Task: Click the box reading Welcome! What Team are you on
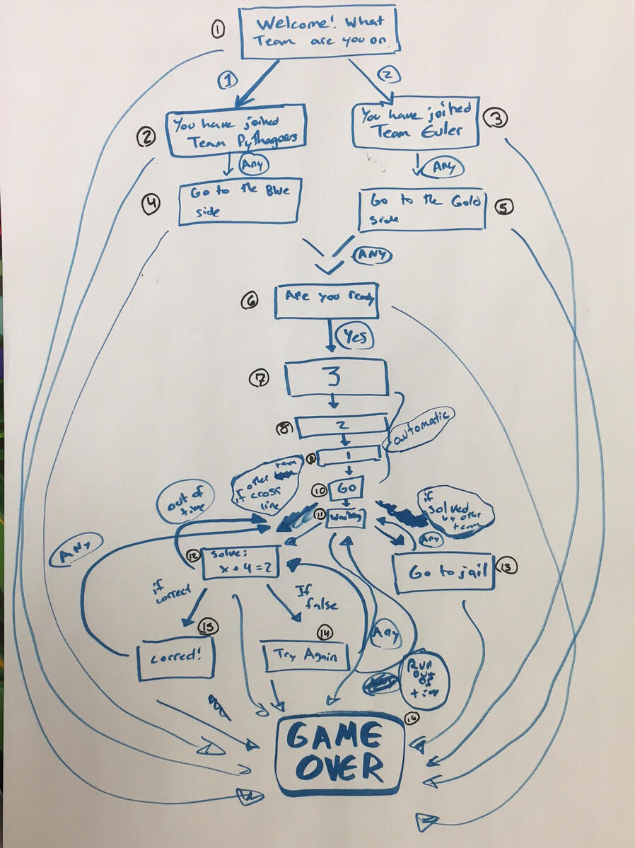point(318,32)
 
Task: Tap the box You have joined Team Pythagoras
point(236,130)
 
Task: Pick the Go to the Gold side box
point(421,209)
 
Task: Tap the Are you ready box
point(327,301)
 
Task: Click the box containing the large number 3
point(336,377)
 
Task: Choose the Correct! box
point(175,658)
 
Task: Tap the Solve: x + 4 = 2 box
point(240,563)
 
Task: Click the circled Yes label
point(354,337)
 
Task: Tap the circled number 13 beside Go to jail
point(508,566)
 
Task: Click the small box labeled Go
point(346,488)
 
